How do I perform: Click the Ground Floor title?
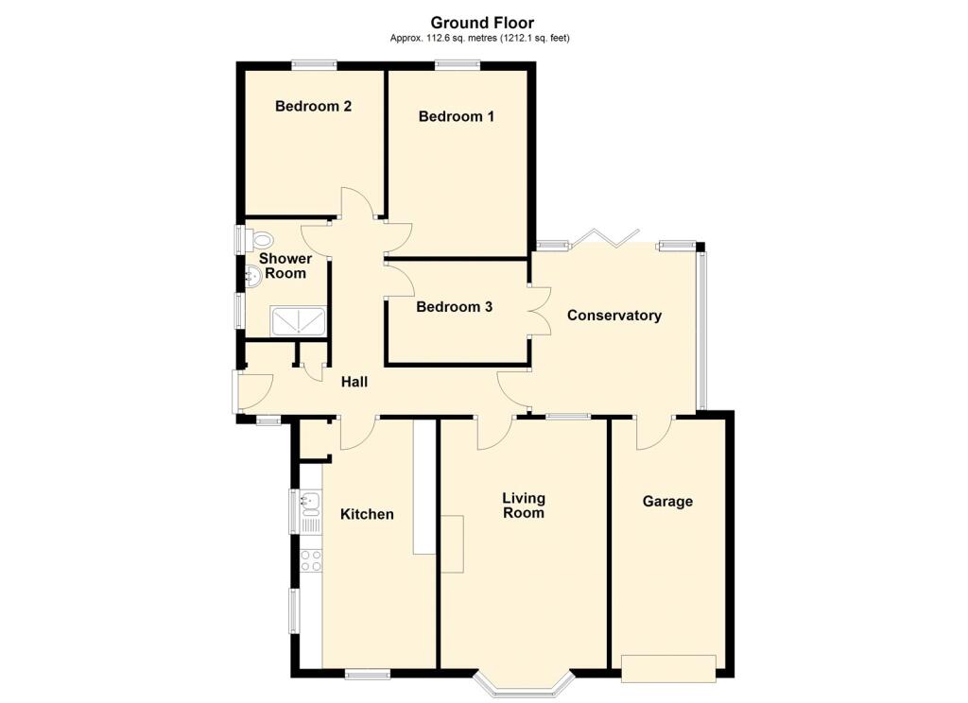tap(482, 23)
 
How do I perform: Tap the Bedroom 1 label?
tap(457, 116)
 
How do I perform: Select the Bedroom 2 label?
tap(313, 106)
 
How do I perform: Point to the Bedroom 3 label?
tap(455, 307)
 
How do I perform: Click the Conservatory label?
tap(614, 316)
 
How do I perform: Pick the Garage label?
tap(667, 501)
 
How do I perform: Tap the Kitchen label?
tap(367, 514)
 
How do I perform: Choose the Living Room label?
tap(524, 505)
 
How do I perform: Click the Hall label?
tap(354, 382)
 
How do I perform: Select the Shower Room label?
tap(285, 266)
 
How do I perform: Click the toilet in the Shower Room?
tap(259, 239)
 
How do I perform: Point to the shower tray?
tap(298, 322)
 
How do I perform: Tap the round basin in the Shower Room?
tap(253, 276)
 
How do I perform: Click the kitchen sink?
tap(310, 503)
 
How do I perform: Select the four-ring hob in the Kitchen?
tap(310, 561)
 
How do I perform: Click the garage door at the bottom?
tap(668, 668)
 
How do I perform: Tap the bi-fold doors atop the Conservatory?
tap(604, 237)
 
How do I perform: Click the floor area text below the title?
tap(479, 38)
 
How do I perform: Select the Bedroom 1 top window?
tap(458, 63)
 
